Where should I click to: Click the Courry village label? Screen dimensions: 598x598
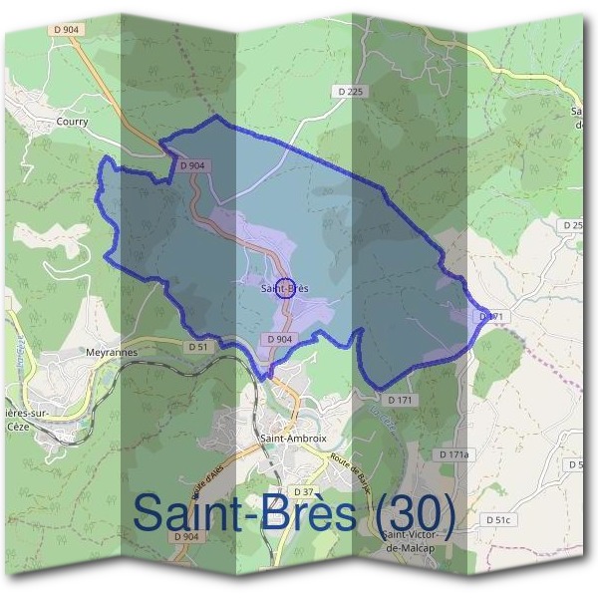pos(72,122)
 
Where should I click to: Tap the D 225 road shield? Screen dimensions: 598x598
pos(352,92)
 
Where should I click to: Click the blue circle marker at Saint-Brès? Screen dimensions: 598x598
pos(284,288)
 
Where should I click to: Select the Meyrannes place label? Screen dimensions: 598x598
pos(111,352)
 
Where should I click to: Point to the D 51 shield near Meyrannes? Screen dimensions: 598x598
pos(197,347)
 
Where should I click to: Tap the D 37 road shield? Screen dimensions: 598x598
pos(304,491)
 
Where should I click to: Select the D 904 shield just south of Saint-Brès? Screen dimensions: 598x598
pos(280,339)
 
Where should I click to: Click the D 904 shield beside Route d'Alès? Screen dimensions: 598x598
pos(187,536)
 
